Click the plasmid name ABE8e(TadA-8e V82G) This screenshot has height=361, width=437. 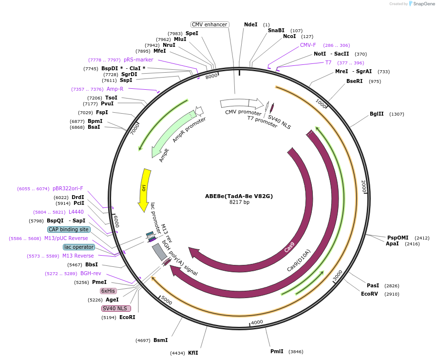click(239, 196)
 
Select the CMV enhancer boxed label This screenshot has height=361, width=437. click(209, 24)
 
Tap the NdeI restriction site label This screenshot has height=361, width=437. click(250, 24)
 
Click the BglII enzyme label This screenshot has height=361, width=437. click(377, 114)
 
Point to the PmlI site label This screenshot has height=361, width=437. click(277, 351)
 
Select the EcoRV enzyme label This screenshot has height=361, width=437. click(369, 294)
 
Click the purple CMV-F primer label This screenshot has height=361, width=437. click(308, 45)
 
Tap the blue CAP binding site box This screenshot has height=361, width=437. click(69, 229)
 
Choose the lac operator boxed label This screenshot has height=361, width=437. click(79, 247)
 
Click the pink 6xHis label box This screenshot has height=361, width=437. click(108, 291)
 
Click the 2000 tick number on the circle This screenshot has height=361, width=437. click(363, 185)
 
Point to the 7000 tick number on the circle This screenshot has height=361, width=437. click(135, 129)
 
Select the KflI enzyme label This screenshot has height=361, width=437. click(193, 353)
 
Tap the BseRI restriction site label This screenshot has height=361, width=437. click(354, 81)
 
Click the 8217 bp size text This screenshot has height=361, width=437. click(239, 202)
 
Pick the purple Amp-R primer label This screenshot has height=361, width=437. click(115, 89)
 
